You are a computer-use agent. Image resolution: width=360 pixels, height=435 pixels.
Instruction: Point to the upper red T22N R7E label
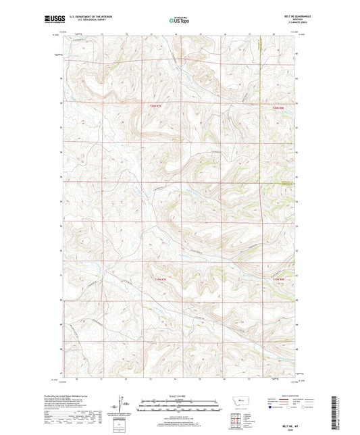155,105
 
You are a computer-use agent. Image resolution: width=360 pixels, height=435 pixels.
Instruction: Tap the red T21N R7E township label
155,279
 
